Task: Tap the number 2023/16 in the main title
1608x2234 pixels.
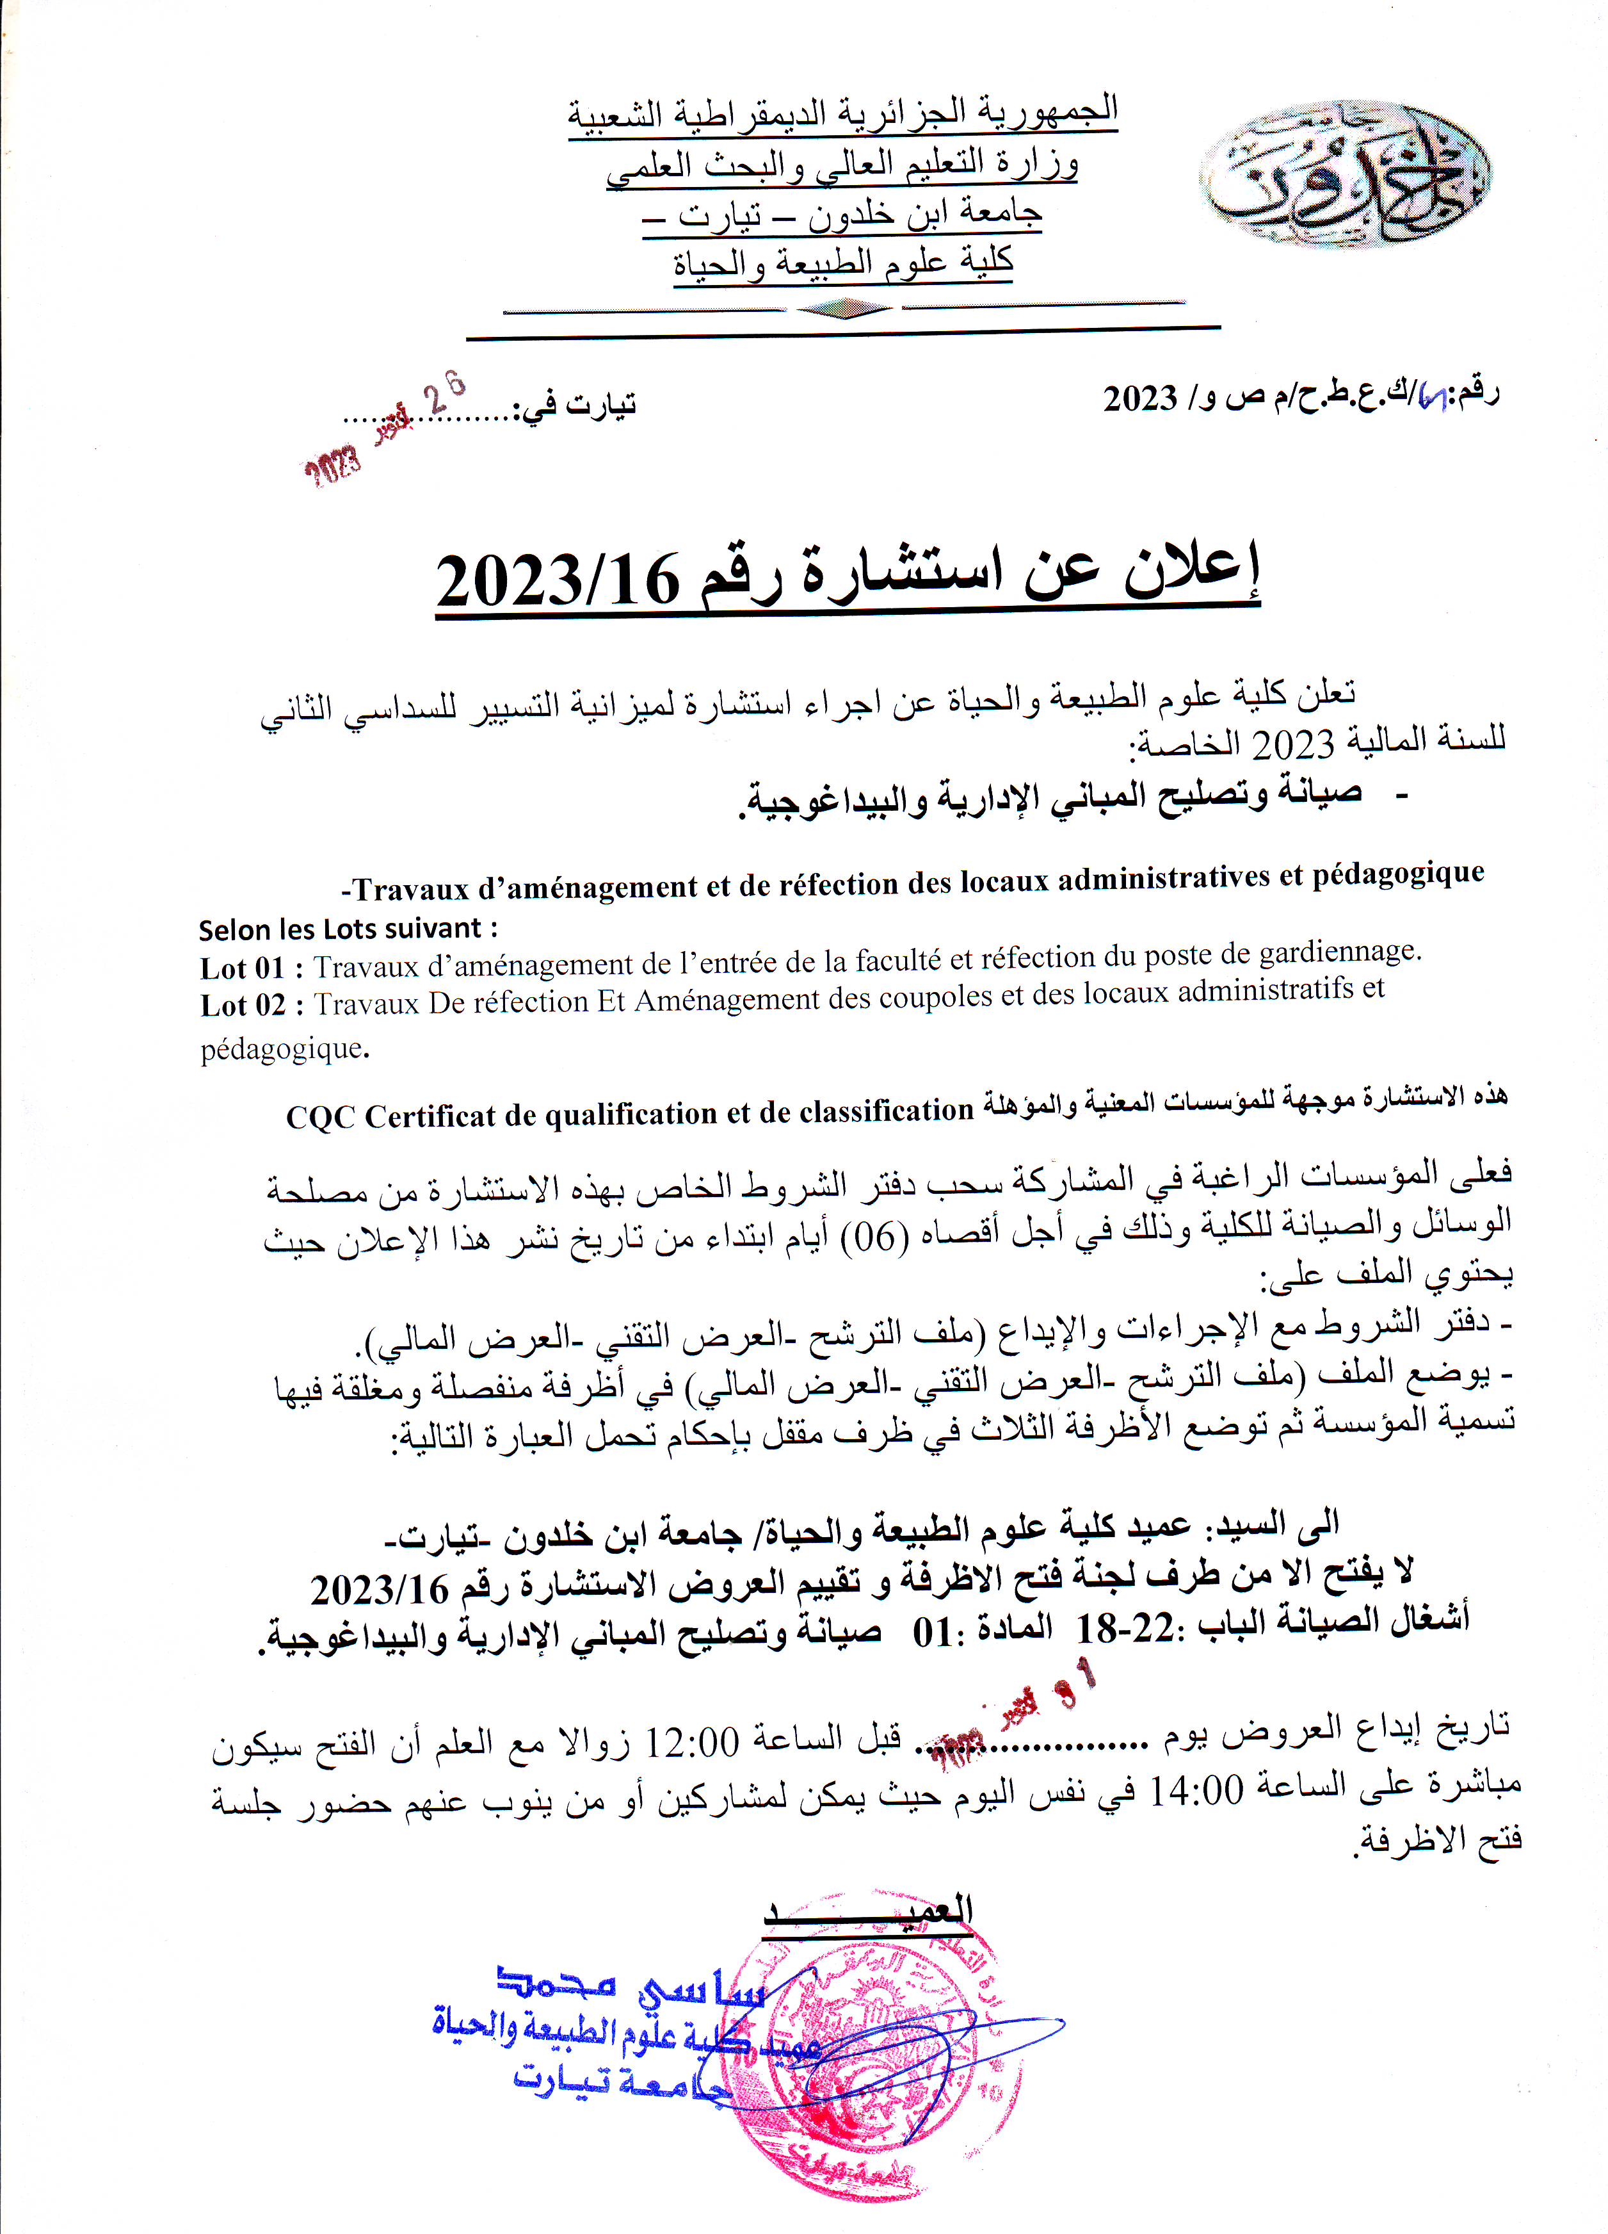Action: [x=558, y=581]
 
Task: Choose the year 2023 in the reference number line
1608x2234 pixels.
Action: [x=1140, y=398]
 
